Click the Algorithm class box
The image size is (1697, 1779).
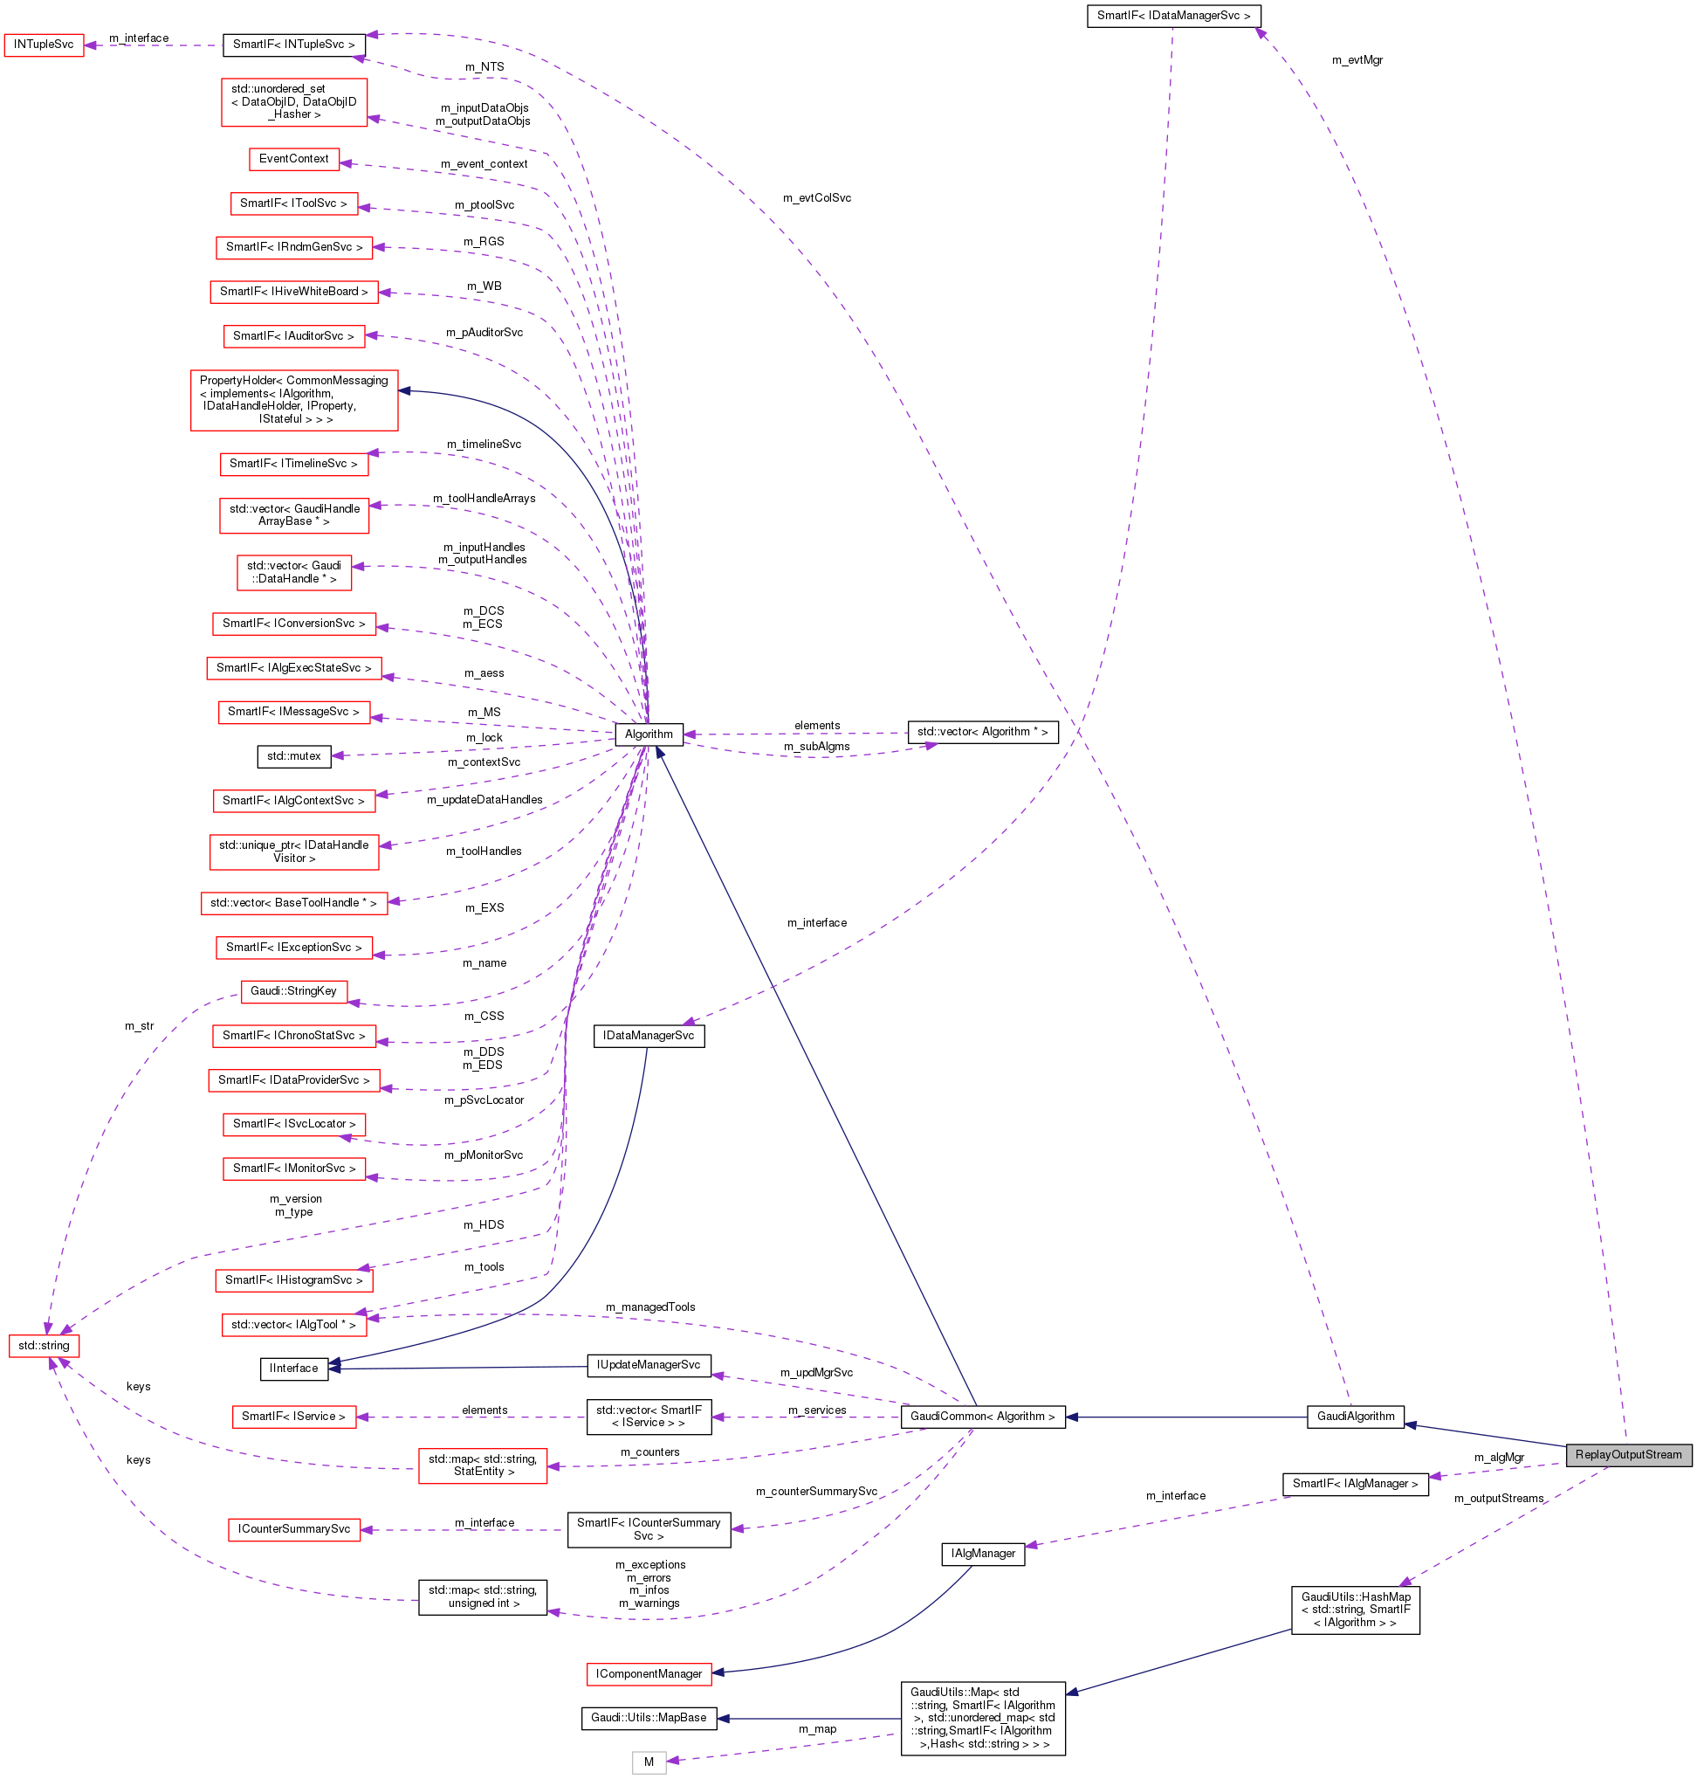pos(648,734)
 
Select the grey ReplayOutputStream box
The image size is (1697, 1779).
pos(1627,1455)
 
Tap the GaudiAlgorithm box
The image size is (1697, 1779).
pos(1355,1417)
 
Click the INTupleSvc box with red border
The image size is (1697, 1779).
pos(44,45)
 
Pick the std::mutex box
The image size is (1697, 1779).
pos(293,755)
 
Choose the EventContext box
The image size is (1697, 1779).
pos(294,158)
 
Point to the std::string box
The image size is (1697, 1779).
pos(44,1346)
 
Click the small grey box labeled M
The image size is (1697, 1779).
pos(649,1762)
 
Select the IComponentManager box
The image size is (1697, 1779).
pos(649,1674)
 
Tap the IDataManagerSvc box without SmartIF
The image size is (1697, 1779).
pos(649,1035)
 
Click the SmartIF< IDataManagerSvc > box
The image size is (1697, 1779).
pos(1173,16)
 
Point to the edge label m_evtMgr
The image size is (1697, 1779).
pos(1357,60)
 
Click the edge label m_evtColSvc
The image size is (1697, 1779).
pos(817,198)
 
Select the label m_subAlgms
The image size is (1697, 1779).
pos(817,747)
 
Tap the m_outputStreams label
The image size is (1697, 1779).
pos(1499,1499)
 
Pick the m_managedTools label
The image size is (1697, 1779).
pos(650,1307)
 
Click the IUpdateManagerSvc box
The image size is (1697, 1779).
pos(649,1364)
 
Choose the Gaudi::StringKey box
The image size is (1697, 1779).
pos(293,991)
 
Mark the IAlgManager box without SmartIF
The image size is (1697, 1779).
pos(982,1554)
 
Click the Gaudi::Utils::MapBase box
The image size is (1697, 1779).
pos(649,1718)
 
